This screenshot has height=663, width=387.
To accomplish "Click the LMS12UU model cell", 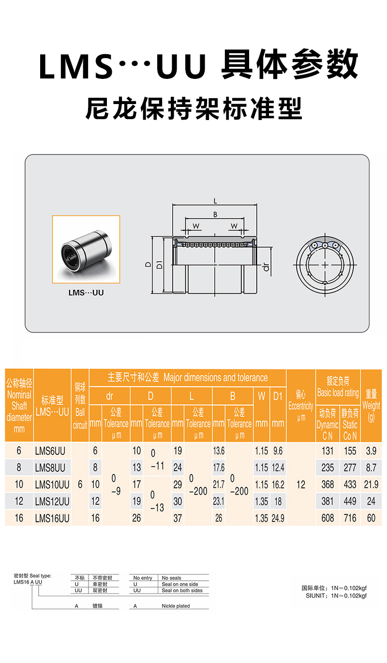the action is (52, 501).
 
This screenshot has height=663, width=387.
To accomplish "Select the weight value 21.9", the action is (371, 484).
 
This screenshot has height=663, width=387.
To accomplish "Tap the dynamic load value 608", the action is (327, 518).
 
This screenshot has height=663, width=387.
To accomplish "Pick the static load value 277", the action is (350, 467).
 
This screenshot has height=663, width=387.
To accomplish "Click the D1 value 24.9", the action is (278, 518).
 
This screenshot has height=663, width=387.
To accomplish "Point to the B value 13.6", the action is (219, 451).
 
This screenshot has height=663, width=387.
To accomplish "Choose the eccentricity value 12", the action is (300, 484).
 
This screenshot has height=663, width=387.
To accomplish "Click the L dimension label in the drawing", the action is (215, 201).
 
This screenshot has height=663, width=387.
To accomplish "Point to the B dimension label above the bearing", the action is (215, 214).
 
